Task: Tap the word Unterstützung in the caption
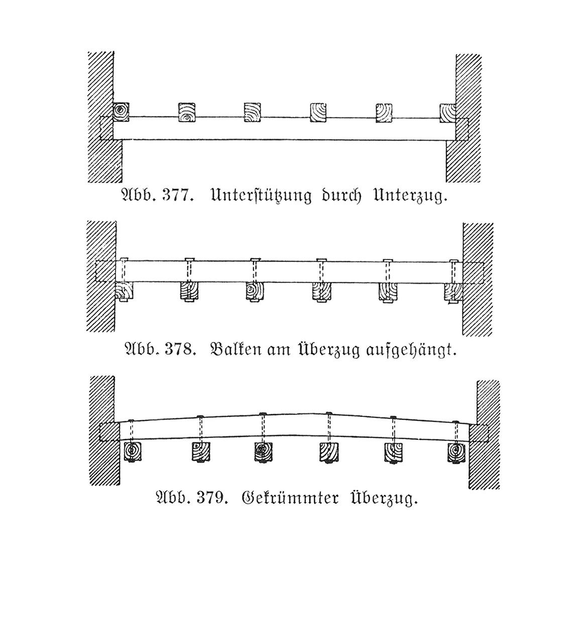click(261, 196)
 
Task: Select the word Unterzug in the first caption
click(410, 196)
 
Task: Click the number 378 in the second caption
click(178, 349)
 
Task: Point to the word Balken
click(236, 349)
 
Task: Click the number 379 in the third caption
click(210, 497)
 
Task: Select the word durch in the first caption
click(341, 195)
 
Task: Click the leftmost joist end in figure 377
click(121, 112)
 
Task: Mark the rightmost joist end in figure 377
click(448, 113)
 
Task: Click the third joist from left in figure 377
click(252, 112)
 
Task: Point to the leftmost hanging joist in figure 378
click(124, 291)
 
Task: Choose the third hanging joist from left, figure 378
click(255, 291)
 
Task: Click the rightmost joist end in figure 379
click(456, 452)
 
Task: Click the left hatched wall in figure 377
click(103, 117)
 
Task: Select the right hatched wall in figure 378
click(477, 280)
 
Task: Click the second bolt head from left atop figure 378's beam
click(190, 259)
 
